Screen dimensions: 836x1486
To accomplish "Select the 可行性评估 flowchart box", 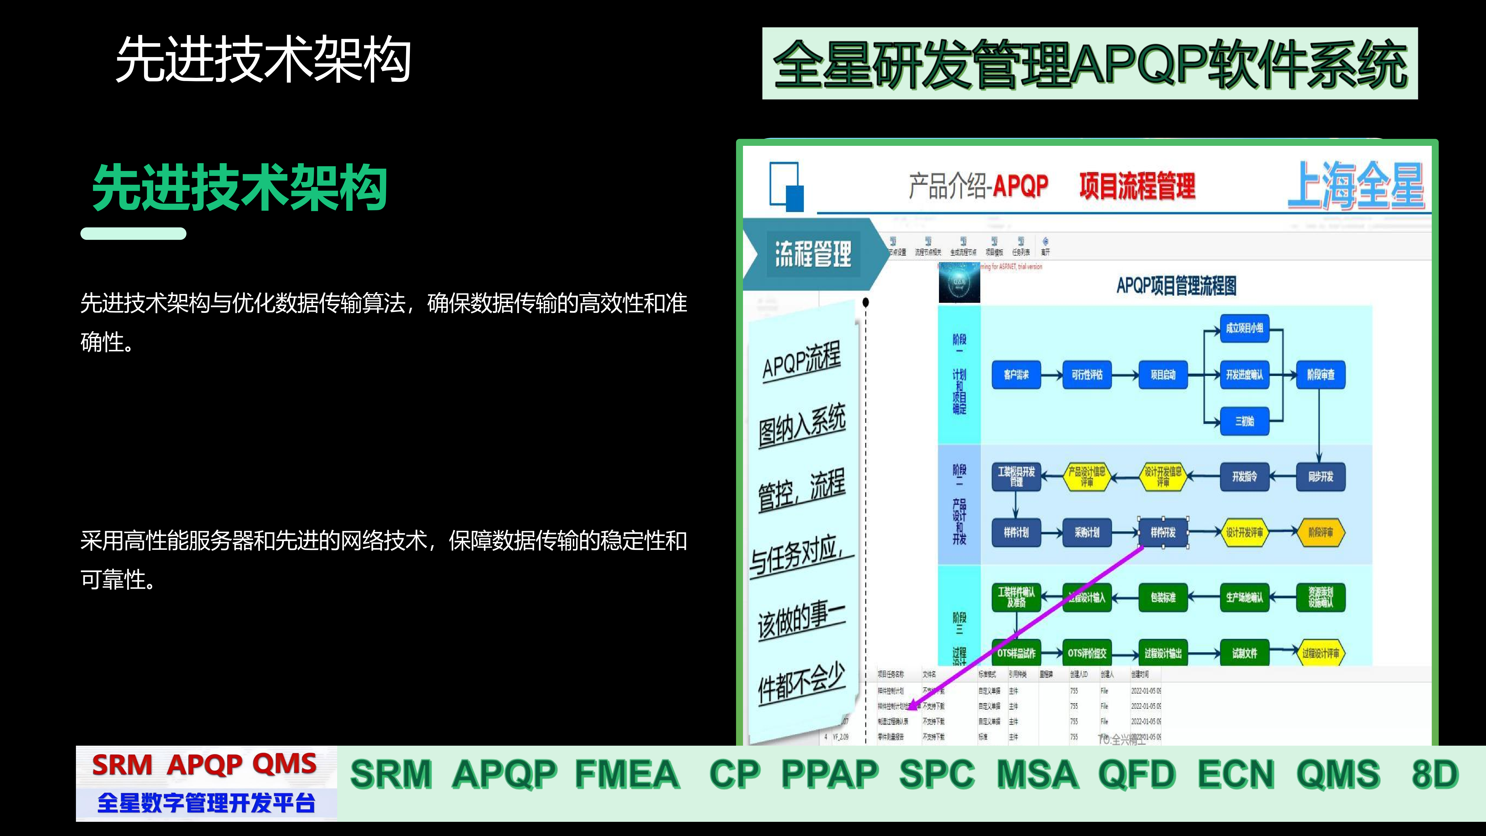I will click(x=1087, y=374).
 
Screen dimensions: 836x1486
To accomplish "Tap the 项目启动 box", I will click(x=1163, y=374).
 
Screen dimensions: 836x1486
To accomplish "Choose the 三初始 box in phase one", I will click(x=1244, y=421).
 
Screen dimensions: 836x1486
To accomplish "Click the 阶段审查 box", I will click(x=1320, y=374).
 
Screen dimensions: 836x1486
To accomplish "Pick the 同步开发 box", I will click(x=1320, y=477).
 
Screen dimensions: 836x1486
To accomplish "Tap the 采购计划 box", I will click(x=1087, y=532).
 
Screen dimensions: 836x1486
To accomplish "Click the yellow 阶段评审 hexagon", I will click(x=1320, y=532).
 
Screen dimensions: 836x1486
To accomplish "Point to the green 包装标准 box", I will click(x=1163, y=597).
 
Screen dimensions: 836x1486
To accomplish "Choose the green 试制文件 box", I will click(x=1244, y=653).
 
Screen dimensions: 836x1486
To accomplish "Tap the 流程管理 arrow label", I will click(x=813, y=254).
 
